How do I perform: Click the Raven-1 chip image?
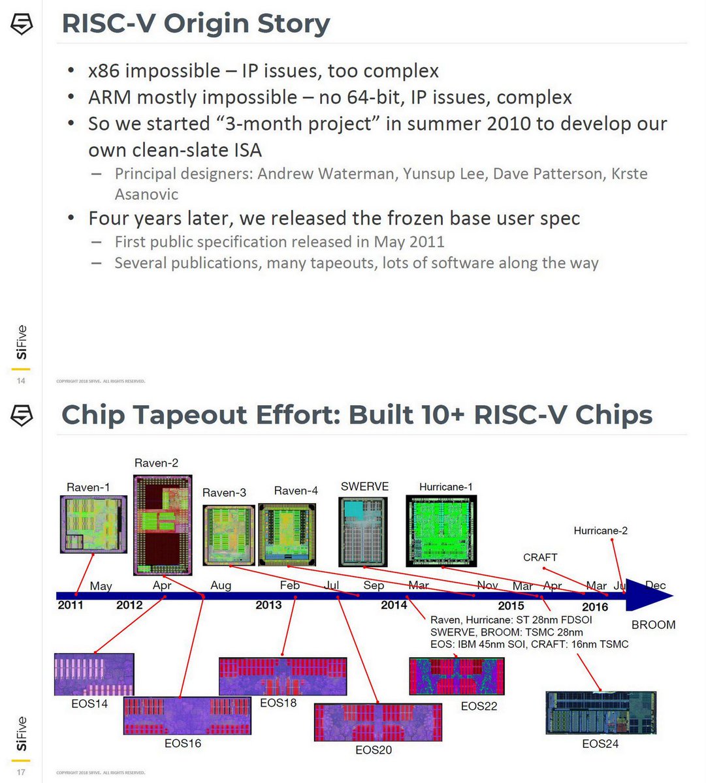click(93, 524)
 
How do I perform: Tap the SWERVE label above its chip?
click(364, 487)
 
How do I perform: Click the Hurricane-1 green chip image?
click(441, 530)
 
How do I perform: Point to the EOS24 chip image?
click(600, 713)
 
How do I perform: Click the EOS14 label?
click(89, 703)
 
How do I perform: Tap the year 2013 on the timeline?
click(268, 605)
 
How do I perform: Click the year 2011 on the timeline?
click(71, 605)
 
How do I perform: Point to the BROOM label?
click(652, 624)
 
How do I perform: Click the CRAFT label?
click(540, 557)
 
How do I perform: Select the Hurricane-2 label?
click(600, 530)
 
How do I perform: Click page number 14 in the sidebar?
click(21, 380)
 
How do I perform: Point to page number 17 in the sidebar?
click(21, 772)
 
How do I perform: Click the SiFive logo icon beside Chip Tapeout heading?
click(22, 416)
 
